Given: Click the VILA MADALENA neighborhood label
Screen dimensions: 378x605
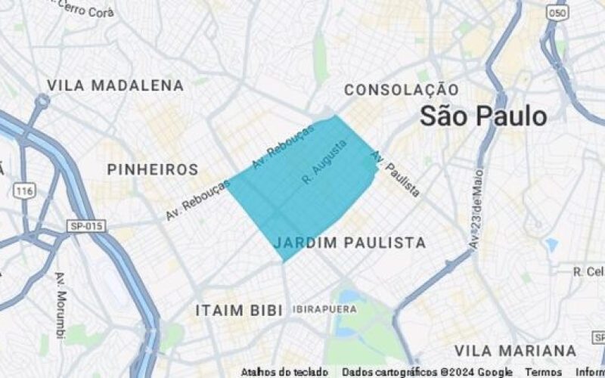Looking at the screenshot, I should pos(115,85).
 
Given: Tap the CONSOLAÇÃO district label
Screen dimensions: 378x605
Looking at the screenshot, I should pos(401,90).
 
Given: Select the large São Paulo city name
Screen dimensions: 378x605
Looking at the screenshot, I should pos(483,116).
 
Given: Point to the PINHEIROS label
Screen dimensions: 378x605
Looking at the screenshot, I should pos(153,169).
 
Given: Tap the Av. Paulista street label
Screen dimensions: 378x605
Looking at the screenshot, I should pos(395,174).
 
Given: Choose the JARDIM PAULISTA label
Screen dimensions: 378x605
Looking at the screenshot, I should pos(349,243).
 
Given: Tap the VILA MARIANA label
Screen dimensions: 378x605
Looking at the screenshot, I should pos(515,351).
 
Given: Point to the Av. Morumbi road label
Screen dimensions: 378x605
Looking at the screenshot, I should pos(60,305).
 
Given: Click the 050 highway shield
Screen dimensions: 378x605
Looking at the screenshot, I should pos(559,13).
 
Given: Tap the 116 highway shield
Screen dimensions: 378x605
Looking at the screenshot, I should pos(25,191).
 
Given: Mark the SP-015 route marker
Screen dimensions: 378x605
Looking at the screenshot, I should pos(87,226).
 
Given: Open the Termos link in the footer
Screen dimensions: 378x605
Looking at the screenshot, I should pos(543,372).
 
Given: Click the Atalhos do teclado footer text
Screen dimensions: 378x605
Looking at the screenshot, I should pos(284,372).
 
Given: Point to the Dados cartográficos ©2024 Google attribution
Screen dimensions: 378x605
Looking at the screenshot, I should pos(427,372).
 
